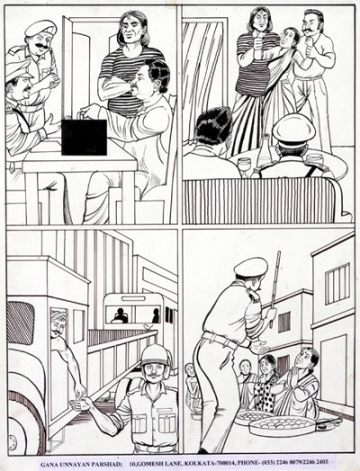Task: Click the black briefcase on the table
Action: (x=85, y=136)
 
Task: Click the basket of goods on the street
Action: (x=281, y=422)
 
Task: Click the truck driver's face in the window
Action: (x=59, y=323)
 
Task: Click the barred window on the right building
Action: (x=337, y=283)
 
